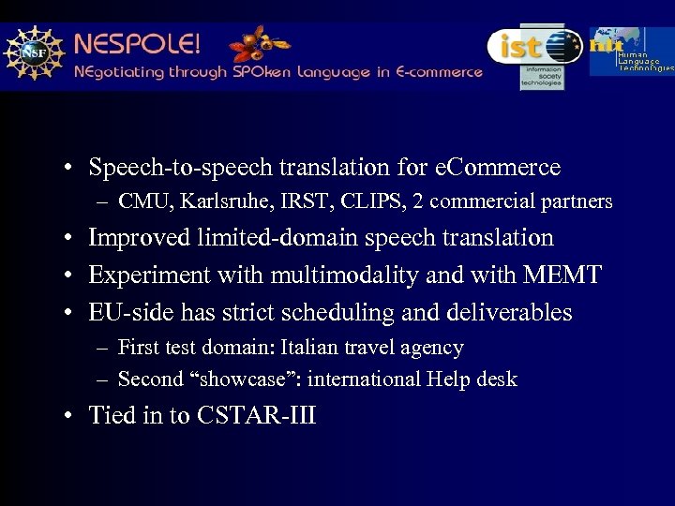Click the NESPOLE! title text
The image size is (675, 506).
coord(137,44)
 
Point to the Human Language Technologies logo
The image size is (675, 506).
coord(632,52)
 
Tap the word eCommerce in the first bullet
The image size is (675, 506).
coord(498,168)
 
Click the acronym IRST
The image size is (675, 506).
coord(298,201)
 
